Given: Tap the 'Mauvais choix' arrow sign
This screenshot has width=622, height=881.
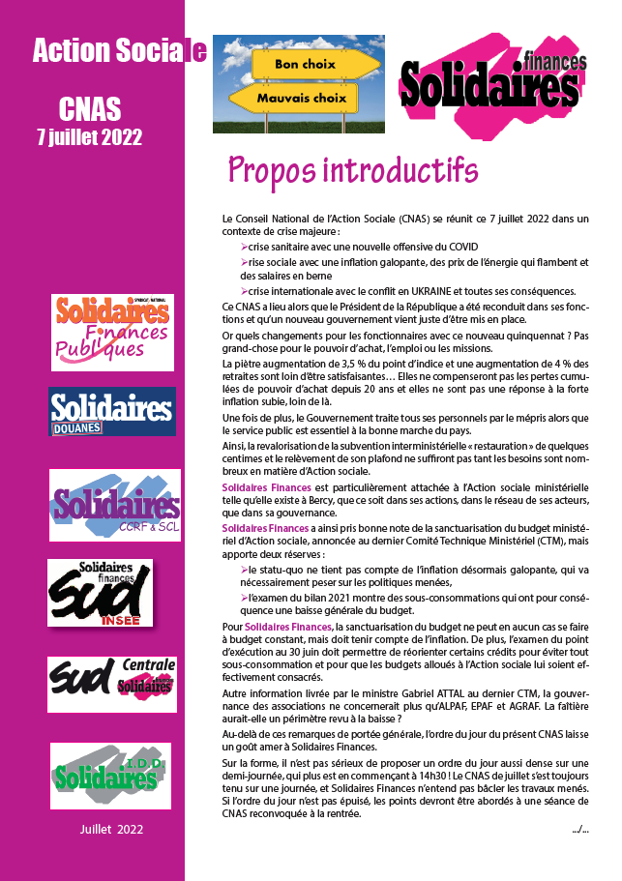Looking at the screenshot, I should pos(301,98).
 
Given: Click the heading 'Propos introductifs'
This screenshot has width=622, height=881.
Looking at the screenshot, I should pos(353,169).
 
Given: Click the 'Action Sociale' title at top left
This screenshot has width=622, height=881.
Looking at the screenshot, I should pos(119,52).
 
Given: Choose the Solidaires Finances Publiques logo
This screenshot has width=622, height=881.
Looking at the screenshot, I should pos(113,332).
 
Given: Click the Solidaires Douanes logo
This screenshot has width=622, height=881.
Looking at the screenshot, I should pos(112,411).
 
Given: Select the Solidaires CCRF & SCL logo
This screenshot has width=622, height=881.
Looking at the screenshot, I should pos(115,505).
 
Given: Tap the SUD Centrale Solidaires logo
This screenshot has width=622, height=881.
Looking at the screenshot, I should pos(112,684).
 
